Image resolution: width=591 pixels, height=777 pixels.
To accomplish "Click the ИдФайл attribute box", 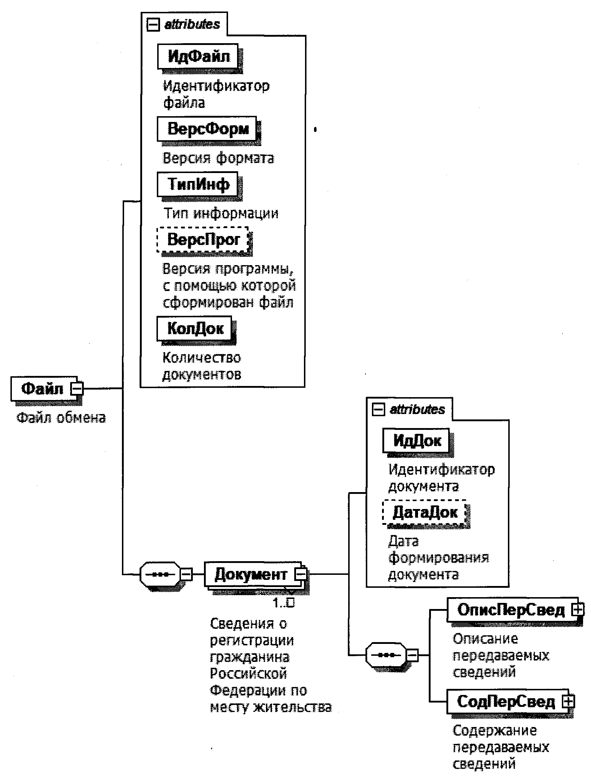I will (198, 56).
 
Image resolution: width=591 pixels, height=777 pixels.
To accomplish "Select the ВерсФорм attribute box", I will (207, 128).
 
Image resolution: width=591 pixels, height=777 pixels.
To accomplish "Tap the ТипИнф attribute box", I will (197, 185).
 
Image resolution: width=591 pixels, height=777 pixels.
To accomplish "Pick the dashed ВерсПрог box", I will (203, 240).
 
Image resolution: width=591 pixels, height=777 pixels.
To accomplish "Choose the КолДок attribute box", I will (195, 328).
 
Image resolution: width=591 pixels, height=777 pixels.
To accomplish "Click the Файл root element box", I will (42, 388).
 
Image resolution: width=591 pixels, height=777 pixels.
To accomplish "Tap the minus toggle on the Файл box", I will (77, 388).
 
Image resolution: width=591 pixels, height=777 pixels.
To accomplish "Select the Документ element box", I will (251, 574).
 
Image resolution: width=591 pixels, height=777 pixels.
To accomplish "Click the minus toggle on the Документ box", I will (301, 574).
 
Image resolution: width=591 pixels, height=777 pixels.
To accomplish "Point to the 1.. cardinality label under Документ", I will (283, 603).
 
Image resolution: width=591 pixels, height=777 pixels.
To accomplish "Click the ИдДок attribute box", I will (416, 440).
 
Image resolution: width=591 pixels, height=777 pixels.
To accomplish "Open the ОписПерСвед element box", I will (510, 610).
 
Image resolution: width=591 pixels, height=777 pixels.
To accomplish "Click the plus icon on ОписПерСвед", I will (578, 610).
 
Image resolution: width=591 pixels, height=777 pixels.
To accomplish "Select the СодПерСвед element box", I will (505, 701).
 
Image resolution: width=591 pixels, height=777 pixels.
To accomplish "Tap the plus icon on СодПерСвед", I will (568, 701).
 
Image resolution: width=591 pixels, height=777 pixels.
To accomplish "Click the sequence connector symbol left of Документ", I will (160, 574).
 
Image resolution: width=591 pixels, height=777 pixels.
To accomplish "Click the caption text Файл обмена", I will (61, 418).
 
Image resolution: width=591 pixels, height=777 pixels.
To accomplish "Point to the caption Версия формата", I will (218, 158).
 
